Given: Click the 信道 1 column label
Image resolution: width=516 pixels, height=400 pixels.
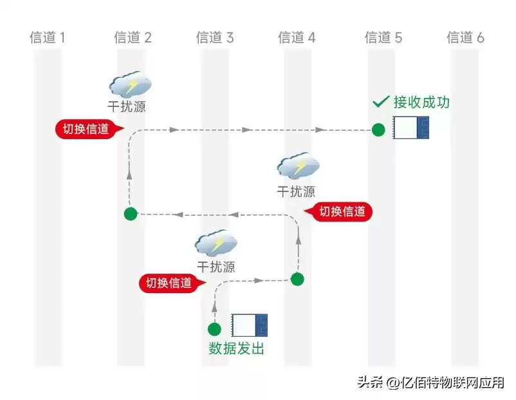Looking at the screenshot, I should pos(48,37).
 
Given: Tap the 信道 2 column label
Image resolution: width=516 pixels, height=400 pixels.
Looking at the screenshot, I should pos(133,37).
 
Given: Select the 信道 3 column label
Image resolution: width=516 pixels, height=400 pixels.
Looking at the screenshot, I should pos(215,37).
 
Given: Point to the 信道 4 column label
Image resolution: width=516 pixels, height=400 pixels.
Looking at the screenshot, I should pos(297,37).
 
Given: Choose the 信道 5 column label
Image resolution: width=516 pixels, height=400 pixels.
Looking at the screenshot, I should pos(383,37).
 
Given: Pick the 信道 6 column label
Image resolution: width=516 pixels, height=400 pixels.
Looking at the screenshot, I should pos(465,37).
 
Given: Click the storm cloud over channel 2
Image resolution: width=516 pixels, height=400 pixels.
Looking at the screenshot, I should pos(131,84).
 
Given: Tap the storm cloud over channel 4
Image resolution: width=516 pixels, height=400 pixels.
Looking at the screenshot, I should pos(298,166).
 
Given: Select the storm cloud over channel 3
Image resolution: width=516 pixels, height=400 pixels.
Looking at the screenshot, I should pos(216,243).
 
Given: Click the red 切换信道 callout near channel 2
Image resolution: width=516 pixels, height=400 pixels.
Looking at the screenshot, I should pos(86,129).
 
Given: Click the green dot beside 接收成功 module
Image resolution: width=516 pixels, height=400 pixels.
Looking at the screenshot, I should pos(378,130).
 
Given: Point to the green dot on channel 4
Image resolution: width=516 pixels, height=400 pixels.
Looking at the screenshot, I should pos(297,279).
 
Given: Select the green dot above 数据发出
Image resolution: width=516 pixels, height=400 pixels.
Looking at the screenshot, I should pos(215,329).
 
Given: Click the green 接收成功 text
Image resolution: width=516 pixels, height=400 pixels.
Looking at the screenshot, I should pos(422,102).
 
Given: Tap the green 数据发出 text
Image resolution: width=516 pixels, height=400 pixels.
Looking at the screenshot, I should pos(236,349).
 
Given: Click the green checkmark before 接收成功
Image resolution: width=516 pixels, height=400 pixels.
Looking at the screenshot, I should pos(381,102).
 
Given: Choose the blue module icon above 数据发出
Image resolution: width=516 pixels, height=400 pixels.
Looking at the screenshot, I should pos(249,325).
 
